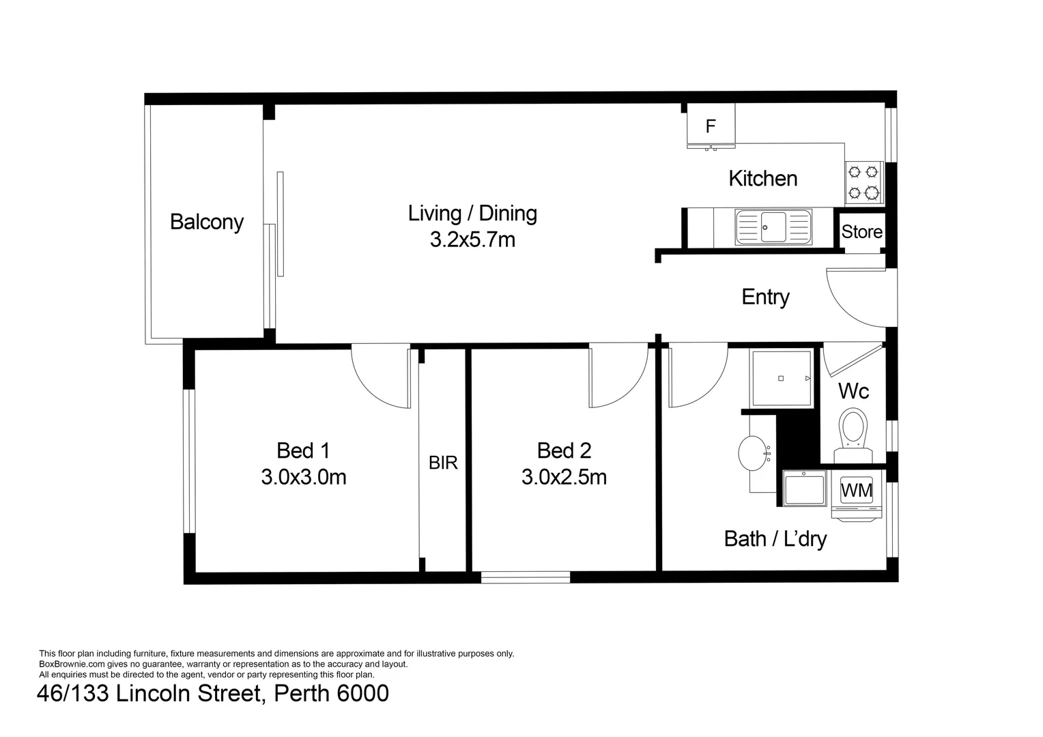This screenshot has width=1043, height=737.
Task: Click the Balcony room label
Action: (206, 222)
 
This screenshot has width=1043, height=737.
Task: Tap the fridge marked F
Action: (711, 126)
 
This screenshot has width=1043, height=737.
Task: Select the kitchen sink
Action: (773, 227)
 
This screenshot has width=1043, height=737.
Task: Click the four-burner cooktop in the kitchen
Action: (863, 183)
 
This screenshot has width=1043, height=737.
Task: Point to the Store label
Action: (861, 232)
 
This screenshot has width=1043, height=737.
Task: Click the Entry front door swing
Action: (855, 298)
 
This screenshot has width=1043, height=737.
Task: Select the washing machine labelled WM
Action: (856, 491)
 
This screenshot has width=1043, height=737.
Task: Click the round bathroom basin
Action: (755, 453)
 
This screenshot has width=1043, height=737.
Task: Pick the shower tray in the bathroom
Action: (781, 378)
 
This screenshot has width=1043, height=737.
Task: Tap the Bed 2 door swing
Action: (616, 375)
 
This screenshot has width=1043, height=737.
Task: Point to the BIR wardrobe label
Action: (443, 463)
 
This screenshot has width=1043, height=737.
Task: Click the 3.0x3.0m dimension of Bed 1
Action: (303, 477)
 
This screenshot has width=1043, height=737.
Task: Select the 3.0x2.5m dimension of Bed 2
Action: (564, 477)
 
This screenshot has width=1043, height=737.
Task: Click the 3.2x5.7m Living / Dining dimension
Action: (472, 240)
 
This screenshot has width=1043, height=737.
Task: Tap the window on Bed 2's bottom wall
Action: (525, 577)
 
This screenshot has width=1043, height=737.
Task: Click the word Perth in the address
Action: (302, 693)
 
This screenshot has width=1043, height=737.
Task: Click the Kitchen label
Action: (762, 179)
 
